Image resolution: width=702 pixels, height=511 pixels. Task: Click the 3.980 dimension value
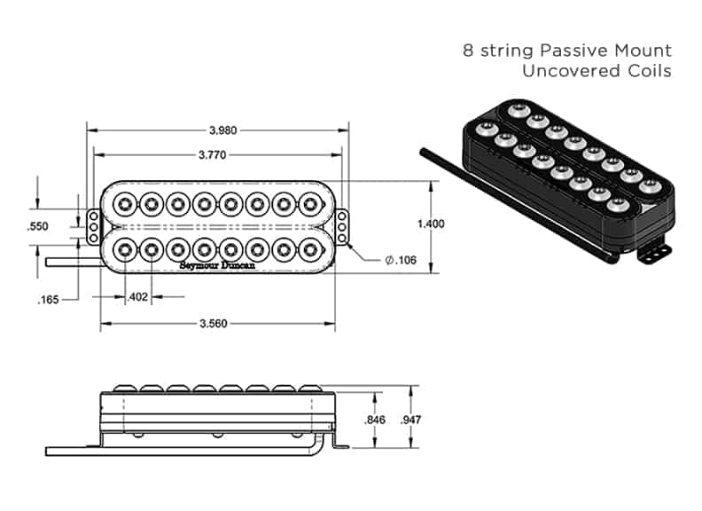[222, 130]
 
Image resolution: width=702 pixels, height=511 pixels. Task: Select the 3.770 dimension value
[222, 153]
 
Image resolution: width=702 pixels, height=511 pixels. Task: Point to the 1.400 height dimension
[430, 224]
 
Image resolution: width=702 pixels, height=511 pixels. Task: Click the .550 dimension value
[38, 226]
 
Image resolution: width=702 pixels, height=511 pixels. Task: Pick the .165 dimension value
[48, 300]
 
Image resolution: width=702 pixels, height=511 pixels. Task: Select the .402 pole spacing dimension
[136, 297]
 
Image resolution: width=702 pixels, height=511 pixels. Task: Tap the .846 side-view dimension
[375, 421]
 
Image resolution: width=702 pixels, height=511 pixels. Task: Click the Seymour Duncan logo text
[214, 264]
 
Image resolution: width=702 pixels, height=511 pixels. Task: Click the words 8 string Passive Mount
[567, 51]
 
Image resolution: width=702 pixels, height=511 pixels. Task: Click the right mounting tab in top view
[343, 226]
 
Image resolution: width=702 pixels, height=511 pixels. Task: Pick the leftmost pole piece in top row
[125, 203]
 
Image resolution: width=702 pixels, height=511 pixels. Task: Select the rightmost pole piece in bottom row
[309, 248]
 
